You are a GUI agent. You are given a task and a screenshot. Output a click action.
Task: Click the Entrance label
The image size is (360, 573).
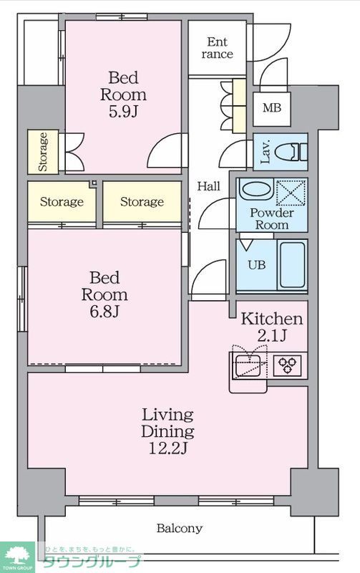(218, 48)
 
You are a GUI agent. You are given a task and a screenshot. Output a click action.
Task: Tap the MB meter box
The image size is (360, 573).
(272, 109)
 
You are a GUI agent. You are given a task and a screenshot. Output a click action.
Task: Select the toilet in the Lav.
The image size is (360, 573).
(291, 151)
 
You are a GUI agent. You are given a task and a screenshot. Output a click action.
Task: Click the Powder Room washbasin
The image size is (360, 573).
(256, 190)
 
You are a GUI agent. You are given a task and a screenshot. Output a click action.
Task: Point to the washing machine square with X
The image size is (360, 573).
(291, 193)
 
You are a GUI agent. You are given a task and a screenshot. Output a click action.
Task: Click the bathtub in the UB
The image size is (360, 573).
(293, 264)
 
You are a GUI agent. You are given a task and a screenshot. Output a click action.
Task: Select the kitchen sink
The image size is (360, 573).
(248, 365)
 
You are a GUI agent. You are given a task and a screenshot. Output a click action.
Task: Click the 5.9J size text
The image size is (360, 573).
(123, 112)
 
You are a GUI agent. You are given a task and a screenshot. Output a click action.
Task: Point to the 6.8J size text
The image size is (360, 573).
(104, 312)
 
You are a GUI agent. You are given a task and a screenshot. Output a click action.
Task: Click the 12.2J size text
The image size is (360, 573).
(168, 448)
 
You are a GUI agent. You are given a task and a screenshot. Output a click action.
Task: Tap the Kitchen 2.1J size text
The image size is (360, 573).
(272, 335)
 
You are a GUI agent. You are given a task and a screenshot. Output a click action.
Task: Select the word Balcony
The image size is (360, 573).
(179, 529)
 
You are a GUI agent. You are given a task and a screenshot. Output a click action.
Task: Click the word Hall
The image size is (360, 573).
(209, 186)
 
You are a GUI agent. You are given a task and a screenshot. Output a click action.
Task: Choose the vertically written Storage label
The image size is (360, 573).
(43, 152)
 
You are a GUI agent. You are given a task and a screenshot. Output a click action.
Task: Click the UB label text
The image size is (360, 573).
(257, 264)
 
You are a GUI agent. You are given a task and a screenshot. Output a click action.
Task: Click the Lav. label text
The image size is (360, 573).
(266, 151)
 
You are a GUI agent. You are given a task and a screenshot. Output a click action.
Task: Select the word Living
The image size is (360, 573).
(168, 416)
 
